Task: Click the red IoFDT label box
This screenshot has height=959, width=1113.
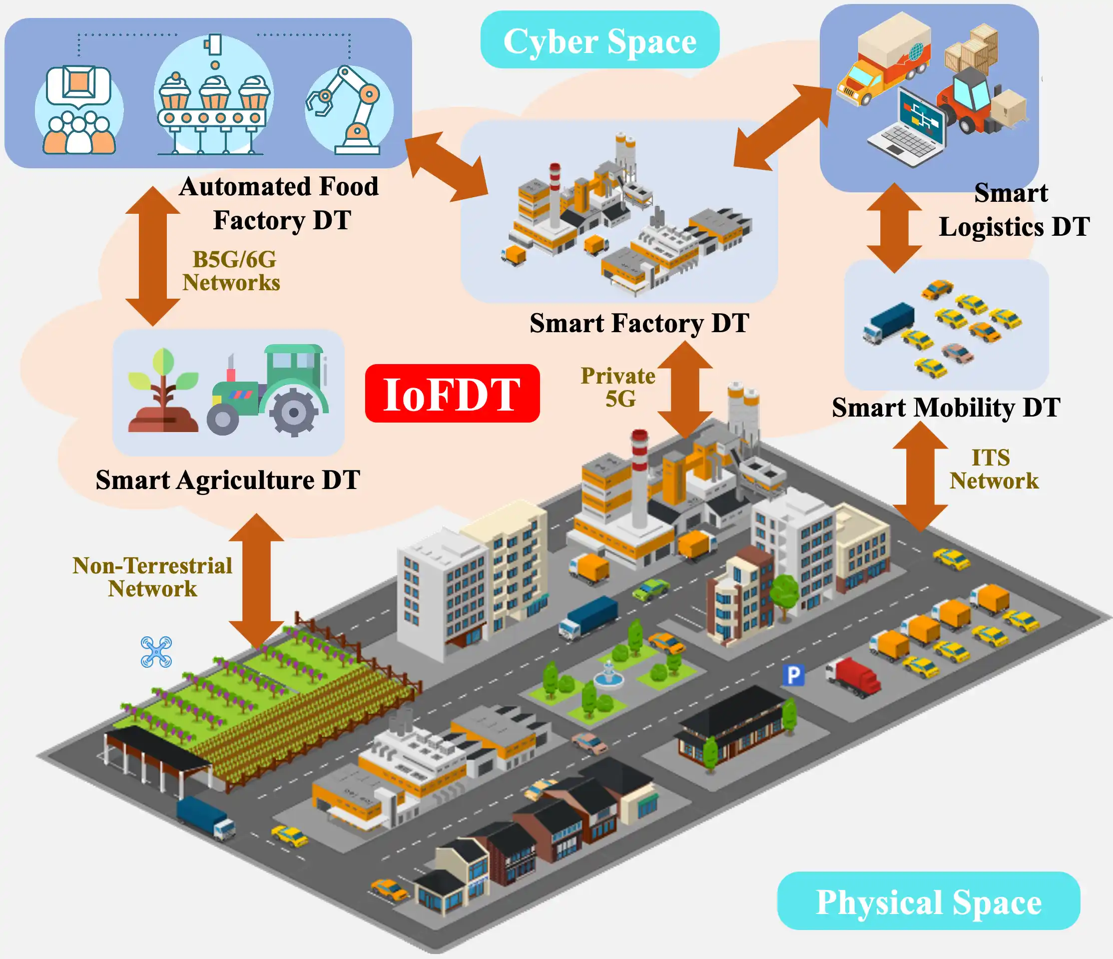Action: click(452, 393)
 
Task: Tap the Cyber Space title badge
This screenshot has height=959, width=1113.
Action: click(599, 40)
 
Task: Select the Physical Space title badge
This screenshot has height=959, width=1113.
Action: click(928, 901)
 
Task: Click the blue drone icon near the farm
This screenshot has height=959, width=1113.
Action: click(156, 651)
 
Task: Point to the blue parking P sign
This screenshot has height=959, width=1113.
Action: click(793, 674)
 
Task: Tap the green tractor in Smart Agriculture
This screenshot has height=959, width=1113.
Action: click(269, 391)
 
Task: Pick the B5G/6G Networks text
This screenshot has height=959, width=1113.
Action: click(231, 271)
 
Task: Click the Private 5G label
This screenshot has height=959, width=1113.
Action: click(618, 387)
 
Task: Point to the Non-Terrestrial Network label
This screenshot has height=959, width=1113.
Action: click(152, 577)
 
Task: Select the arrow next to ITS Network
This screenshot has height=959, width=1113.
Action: click(920, 477)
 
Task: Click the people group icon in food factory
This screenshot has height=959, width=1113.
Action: click(79, 110)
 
